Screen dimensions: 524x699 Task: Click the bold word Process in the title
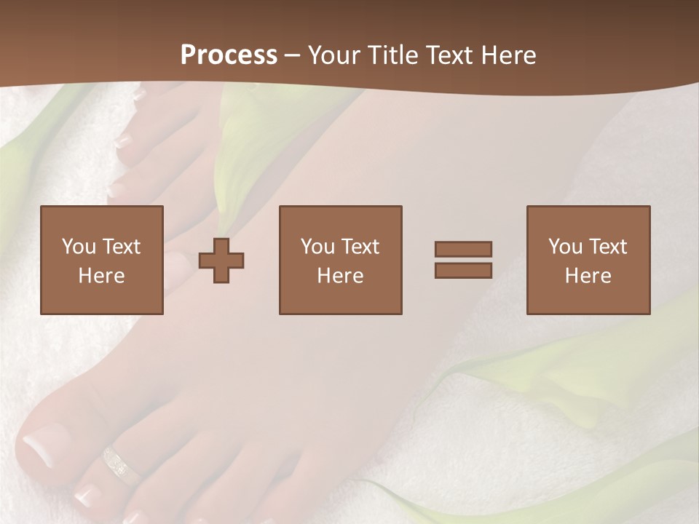tap(229, 55)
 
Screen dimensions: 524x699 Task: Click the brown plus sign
tap(221, 260)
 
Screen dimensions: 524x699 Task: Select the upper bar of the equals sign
tap(463, 249)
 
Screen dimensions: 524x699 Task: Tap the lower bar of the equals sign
tap(463, 270)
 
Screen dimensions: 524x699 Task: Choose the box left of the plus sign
tap(102, 260)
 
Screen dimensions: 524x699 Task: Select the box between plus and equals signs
tap(340, 260)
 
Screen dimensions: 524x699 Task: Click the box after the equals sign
tap(588, 260)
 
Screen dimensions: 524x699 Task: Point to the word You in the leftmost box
tap(78, 247)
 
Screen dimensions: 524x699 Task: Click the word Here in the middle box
tap(340, 276)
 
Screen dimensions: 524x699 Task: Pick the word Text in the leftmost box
tap(121, 247)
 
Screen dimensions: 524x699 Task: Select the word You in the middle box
tap(317, 247)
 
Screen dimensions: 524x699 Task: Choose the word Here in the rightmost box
tap(588, 276)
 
